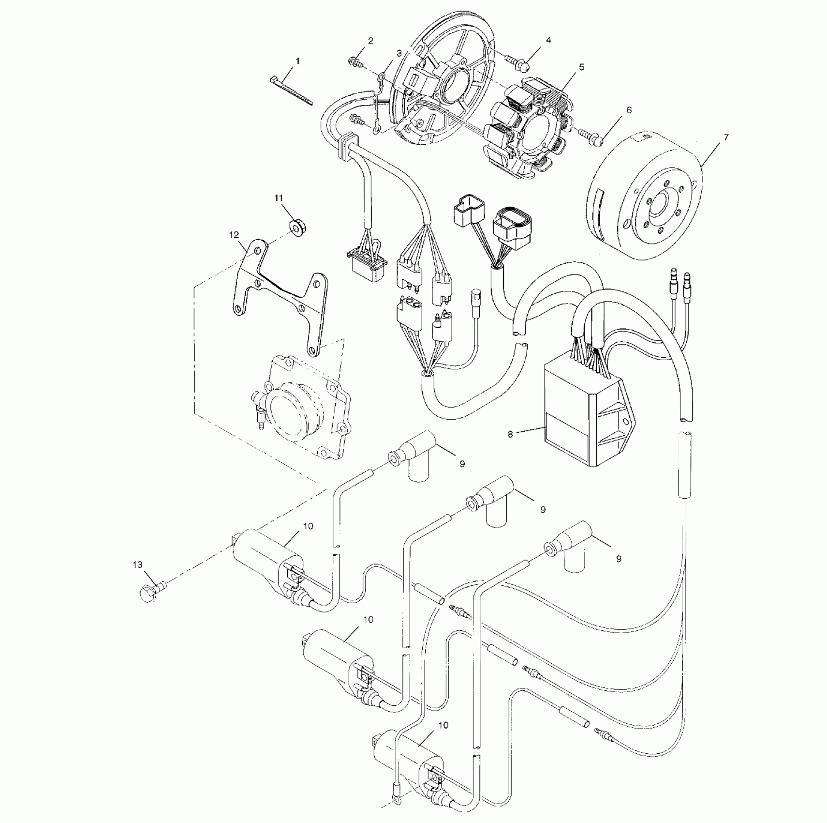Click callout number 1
[297, 61]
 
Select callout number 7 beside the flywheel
[726, 137]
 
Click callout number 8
[510, 434]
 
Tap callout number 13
[138, 564]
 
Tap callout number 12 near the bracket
[234, 235]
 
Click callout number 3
[399, 53]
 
